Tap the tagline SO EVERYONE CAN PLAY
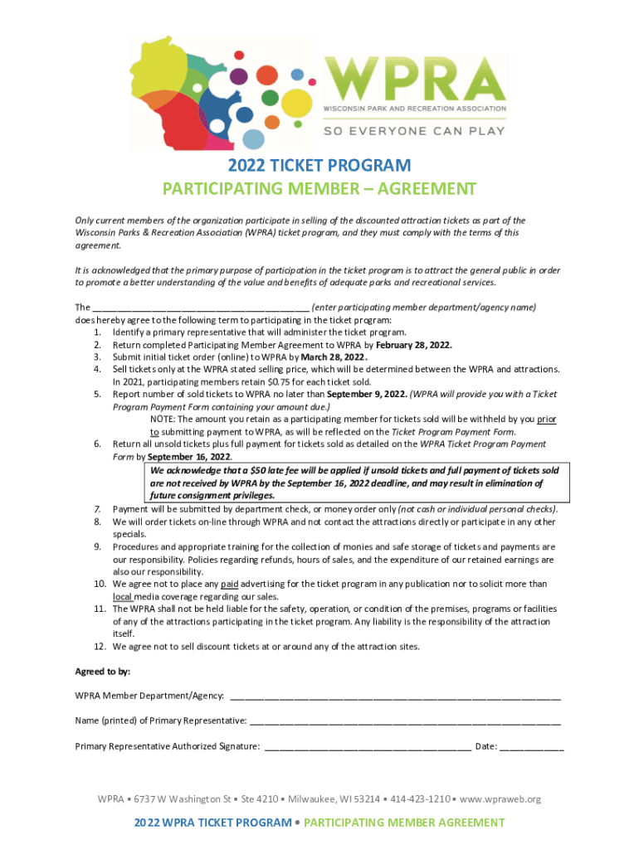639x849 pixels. tap(414, 131)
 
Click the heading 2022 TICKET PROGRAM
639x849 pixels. tap(319, 166)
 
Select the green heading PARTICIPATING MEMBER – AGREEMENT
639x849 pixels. tap(319, 189)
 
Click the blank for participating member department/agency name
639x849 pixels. tap(202, 307)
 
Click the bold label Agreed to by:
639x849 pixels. tap(102, 671)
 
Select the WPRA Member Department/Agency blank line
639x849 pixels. tap(395, 696)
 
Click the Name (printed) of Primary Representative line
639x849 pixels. tap(405, 721)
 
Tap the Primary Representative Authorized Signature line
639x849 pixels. tap(367, 747)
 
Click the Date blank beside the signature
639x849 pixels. tap(531, 747)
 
